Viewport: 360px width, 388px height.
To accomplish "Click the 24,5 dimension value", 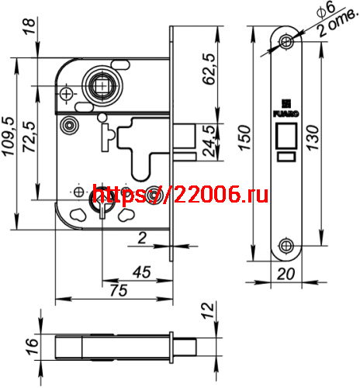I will (210, 140).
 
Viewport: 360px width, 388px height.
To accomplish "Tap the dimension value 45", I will (140, 272).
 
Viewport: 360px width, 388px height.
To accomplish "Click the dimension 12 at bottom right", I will (207, 313).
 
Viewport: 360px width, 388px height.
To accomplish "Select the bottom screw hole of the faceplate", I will (287, 247).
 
